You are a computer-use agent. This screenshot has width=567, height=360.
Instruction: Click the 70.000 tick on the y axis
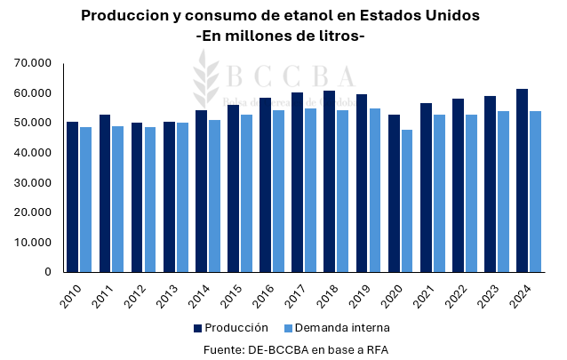click(x=34, y=63)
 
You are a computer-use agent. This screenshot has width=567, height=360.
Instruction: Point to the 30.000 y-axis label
click(x=34, y=182)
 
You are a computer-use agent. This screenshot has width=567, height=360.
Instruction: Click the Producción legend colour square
click(x=196, y=328)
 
